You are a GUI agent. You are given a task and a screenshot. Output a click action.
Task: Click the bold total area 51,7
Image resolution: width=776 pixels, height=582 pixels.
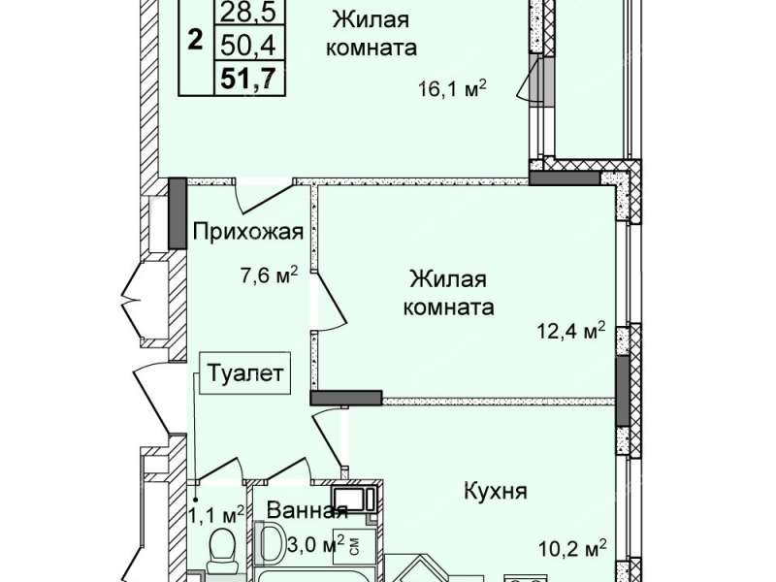pos(249,79)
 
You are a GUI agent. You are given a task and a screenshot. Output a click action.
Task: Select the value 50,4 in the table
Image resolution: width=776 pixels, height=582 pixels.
pos(249,46)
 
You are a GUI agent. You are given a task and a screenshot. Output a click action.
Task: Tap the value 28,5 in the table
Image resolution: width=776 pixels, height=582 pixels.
pos(249,13)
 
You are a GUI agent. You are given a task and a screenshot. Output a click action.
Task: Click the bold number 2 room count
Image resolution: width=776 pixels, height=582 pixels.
pos(196,40)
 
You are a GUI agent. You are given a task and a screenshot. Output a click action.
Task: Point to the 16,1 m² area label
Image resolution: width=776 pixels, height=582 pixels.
pos(453,88)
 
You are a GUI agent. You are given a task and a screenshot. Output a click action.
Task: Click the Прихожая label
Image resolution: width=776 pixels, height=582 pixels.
pos(247,232)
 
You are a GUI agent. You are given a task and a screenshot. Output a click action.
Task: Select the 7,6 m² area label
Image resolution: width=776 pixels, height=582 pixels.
pos(270,275)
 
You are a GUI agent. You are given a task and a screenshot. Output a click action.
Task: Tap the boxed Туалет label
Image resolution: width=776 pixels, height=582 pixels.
pos(245,372)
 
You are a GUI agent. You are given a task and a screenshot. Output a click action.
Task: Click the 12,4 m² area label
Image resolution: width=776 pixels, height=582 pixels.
pos(571,331)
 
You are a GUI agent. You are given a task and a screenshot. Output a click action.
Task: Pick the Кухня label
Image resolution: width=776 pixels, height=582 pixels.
pos(496,492)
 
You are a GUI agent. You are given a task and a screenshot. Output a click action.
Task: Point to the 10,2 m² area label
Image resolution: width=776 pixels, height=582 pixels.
pos(572,548)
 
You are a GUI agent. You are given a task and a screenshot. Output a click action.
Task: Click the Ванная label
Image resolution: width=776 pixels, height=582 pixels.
pos(307,510)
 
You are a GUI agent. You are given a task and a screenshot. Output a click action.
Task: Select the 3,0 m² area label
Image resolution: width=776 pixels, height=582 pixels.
pos(316,545)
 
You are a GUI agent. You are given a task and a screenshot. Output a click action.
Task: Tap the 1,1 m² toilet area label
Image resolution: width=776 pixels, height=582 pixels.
pos(216,516)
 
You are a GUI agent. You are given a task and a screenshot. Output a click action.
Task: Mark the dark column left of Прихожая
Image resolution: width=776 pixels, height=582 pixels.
pos(178,213)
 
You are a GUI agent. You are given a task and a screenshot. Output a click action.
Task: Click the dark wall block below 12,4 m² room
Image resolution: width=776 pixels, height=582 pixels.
pos(346,398)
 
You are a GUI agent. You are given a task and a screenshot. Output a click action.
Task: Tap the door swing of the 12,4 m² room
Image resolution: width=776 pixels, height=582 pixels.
pos(331,303)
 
